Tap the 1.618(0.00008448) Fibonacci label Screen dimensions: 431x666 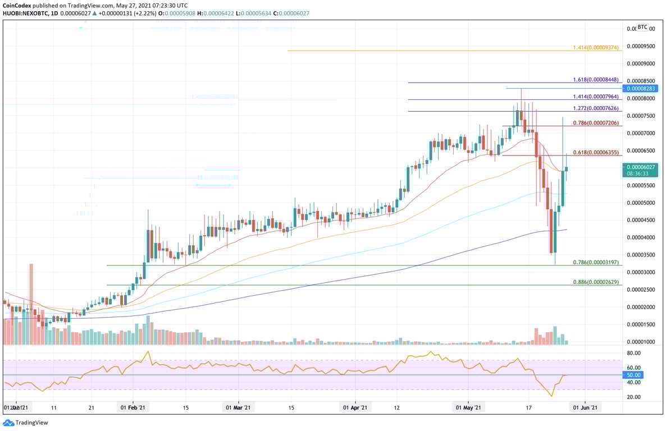click(596, 80)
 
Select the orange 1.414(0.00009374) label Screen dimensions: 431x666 click(596, 48)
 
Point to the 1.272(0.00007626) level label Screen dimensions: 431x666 click(596, 108)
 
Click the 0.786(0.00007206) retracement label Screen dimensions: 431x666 click(596, 122)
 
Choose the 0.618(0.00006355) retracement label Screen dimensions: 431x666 click(596, 153)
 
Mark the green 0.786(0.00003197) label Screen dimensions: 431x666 click(596, 262)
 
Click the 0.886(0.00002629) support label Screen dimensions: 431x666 click(596, 282)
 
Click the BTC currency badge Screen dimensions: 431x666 click(642, 27)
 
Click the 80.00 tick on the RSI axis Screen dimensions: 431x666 click(633, 353)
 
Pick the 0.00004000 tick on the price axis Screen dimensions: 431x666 click(641, 237)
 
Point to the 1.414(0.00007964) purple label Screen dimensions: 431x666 click(596, 97)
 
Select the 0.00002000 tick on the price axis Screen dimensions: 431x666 click(641, 307)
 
